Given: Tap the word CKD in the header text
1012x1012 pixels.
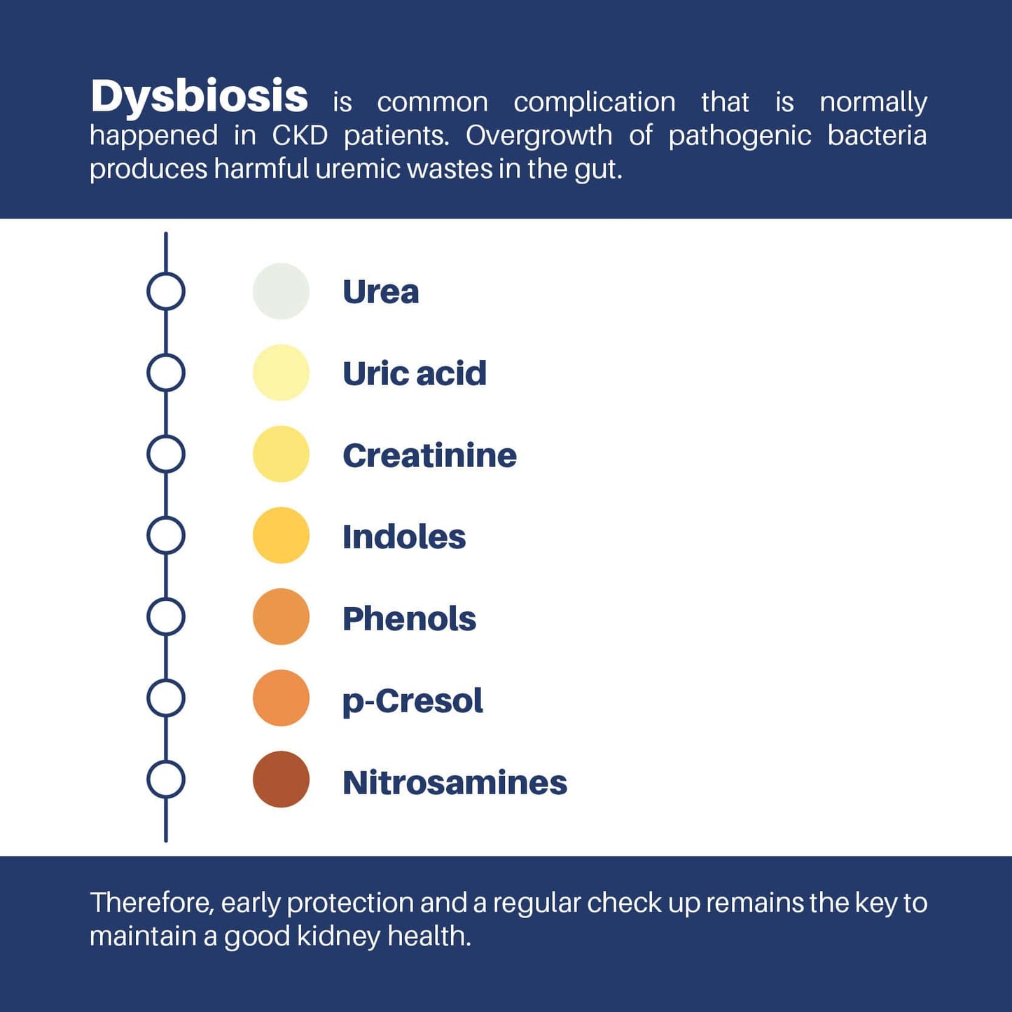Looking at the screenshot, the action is [300, 135].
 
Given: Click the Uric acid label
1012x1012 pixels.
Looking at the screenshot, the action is [415, 373].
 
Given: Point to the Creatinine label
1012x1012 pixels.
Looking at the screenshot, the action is [429, 455].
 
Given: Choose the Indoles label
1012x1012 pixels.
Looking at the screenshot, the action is [404, 536].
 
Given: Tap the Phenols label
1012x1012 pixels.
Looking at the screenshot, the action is [409, 618].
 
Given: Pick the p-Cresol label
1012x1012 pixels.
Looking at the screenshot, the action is [413, 701].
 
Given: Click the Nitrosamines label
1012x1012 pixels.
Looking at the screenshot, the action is [455, 782].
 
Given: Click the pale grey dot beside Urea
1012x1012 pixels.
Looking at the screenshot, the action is [281, 291].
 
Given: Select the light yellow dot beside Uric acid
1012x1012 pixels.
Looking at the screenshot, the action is [281, 373].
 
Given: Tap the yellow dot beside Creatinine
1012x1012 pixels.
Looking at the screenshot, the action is [281, 454].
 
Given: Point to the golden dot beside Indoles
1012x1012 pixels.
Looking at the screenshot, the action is [281, 535].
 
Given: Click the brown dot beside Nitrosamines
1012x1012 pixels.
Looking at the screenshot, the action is [281, 779].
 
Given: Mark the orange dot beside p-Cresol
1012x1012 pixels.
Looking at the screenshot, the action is [281, 698].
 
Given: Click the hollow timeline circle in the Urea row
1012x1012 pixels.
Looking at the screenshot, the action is [147, 291].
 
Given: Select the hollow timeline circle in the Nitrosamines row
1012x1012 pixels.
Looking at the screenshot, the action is [147, 779].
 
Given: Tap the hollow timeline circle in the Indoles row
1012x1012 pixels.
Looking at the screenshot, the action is [147, 535].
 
